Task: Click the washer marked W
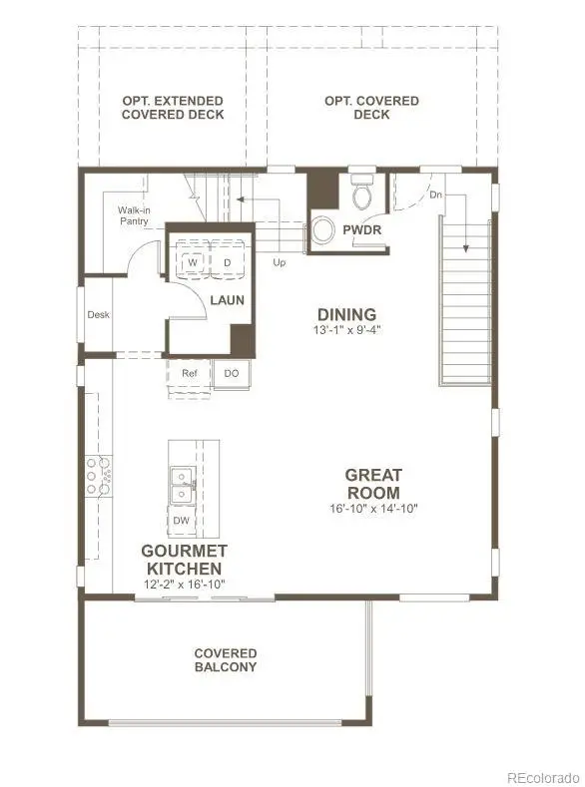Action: point(192,262)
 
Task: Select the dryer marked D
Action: point(227,262)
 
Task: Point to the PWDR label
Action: point(362,230)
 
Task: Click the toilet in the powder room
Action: point(361,193)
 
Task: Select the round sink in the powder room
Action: point(323,230)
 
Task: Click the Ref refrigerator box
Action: point(190,374)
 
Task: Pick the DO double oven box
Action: point(232,374)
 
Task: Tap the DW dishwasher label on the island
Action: point(181,521)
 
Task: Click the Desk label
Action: point(98,314)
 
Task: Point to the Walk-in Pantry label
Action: point(134,215)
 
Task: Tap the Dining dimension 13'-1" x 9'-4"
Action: point(346,329)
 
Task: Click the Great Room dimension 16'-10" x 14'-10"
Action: point(372,508)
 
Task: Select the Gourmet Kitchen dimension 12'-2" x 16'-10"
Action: point(184,585)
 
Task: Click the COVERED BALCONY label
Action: point(226,660)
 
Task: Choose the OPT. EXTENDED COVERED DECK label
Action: point(174,108)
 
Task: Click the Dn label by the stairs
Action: point(435,195)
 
